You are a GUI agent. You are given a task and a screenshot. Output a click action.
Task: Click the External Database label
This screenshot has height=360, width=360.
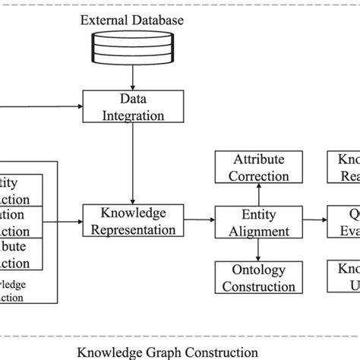pos(131,20)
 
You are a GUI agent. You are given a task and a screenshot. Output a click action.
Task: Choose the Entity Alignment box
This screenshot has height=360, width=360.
pos(254,222)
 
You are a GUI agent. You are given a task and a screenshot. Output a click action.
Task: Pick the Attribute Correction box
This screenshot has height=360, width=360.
pos(254,167)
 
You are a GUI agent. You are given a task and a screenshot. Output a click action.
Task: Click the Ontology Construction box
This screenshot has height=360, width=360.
pos(254,278)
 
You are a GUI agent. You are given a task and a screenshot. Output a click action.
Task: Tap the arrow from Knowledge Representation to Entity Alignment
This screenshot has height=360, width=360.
pos(199,220)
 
